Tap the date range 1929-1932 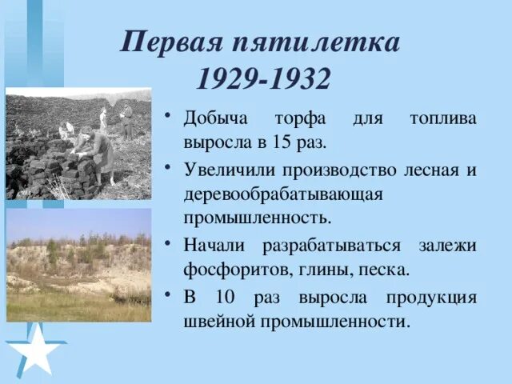262,78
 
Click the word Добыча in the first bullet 214,120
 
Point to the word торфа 301,120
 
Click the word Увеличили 226,170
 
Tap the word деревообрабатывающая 271,194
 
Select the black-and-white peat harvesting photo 78,144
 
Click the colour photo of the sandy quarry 78,265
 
